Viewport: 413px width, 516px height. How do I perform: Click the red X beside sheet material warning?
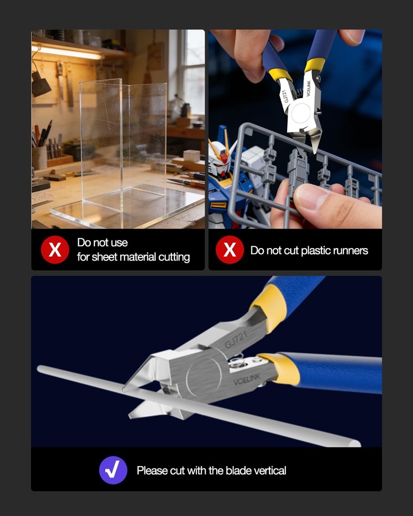55,250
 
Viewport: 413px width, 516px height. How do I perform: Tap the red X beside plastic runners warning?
230,250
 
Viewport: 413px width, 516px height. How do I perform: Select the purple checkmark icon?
113,470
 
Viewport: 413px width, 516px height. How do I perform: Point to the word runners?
351,251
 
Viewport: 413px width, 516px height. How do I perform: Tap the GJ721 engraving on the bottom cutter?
236,340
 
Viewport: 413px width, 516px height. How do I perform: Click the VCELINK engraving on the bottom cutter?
247,379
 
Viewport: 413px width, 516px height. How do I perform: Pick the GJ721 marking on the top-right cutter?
285,96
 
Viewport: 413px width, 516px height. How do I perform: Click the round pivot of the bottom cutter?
204,377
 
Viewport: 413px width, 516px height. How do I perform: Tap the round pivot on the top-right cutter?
300,113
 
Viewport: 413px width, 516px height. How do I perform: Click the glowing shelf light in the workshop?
68,51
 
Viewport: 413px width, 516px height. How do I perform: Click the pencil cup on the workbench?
40,157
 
